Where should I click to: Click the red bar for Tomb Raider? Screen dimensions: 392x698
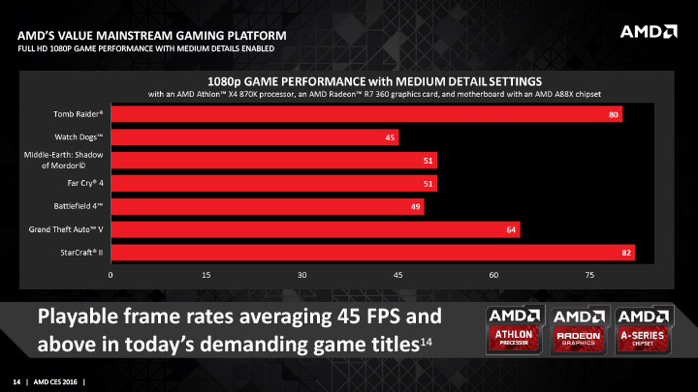pyautogui.click(x=366, y=114)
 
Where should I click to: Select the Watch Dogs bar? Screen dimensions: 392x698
pyautogui.click(x=254, y=137)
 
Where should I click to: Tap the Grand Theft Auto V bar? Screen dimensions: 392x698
pyautogui.click(x=315, y=229)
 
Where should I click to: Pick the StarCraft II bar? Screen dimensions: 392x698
pyautogui.click(x=372, y=253)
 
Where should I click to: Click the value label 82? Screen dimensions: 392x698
pyautogui.click(x=626, y=253)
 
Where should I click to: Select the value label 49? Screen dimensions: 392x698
pyautogui.click(x=416, y=206)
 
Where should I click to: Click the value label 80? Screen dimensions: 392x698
pyautogui.click(x=614, y=114)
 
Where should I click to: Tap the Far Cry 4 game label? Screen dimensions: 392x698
pyautogui.click(x=79, y=183)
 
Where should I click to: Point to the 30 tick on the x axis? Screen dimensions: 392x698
pyautogui.click(x=302, y=276)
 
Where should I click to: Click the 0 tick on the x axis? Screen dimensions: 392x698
pyautogui.click(x=111, y=276)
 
